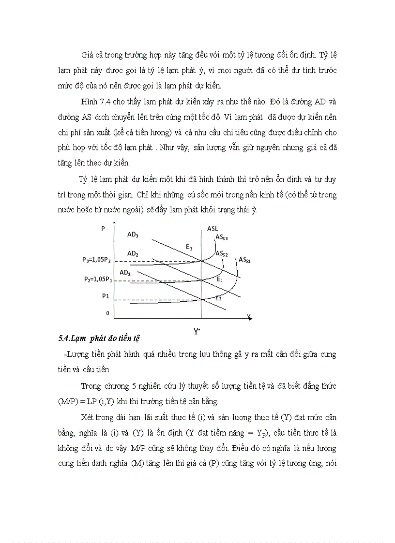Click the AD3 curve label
pos(133,235)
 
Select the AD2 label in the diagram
pos(133,253)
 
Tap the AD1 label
pos(125,273)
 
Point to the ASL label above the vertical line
pos(213,228)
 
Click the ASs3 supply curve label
pos(222,237)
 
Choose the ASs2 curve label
pos(222,253)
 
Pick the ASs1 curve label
pos(244,260)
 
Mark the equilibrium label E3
pos(189,247)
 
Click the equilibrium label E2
pos(219,279)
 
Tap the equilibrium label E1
pos(219,299)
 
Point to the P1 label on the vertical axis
pos(105,295)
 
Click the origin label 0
pos(108,313)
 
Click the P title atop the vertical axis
pos(103,228)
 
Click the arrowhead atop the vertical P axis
pos(113,224)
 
